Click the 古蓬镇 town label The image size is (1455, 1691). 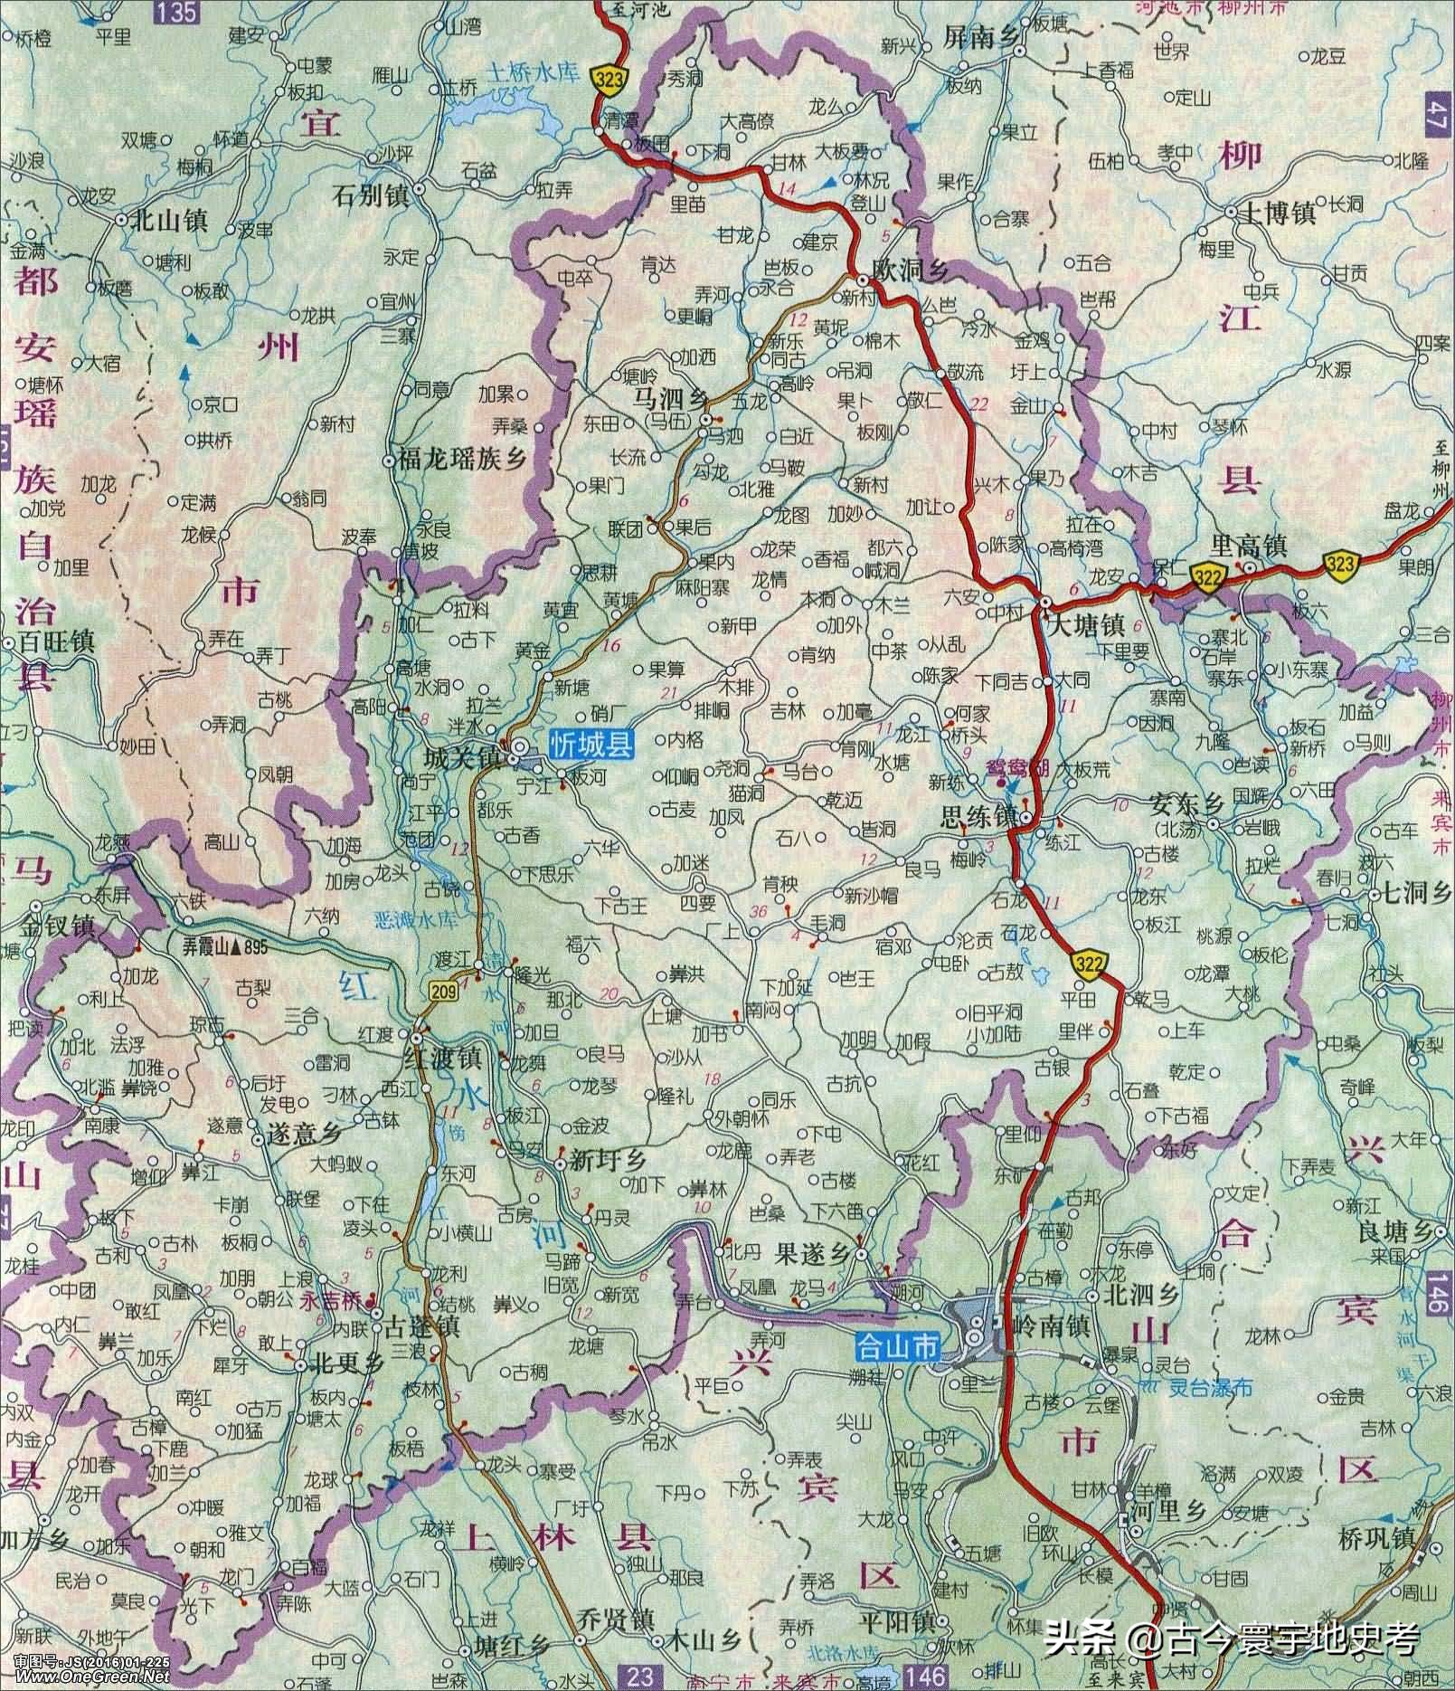[x=423, y=1326]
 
